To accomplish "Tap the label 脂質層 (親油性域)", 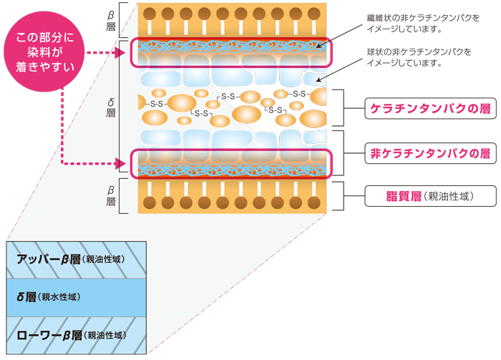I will click(x=422, y=195).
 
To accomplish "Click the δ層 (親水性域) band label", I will click(x=49, y=297).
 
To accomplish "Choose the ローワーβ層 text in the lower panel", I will click(x=50, y=335).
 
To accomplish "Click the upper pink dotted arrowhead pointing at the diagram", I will click(x=123, y=53).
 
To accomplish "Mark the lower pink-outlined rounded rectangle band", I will click(x=230, y=163).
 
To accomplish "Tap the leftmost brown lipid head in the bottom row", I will click(x=150, y=202).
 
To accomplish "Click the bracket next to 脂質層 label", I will click(x=349, y=195).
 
